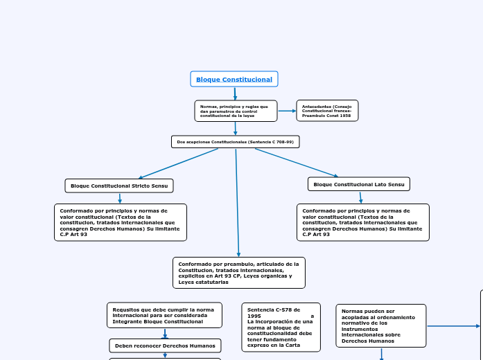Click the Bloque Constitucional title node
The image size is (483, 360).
[234, 79]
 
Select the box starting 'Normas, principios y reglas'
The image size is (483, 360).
[236, 111]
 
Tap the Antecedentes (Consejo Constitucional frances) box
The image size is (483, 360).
[327, 111]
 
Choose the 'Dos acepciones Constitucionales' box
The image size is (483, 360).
[236, 142]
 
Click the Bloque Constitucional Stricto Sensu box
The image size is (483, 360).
[119, 186]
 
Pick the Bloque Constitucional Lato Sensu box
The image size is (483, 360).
[359, 184]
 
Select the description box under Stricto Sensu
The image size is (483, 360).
[121, 222]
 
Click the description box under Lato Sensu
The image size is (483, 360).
[363, 222]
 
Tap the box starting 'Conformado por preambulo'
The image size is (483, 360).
[239, 273]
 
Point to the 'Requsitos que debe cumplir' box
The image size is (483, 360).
[164, 315]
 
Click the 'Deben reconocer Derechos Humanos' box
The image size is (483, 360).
[165, 345]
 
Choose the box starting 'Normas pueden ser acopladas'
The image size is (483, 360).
[381, 325]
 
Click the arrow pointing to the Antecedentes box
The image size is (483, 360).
[287, 111]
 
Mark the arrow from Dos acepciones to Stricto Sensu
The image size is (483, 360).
[179, 163]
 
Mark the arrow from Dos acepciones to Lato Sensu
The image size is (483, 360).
[297, 163]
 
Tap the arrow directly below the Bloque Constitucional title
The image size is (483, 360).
[235, 93]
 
